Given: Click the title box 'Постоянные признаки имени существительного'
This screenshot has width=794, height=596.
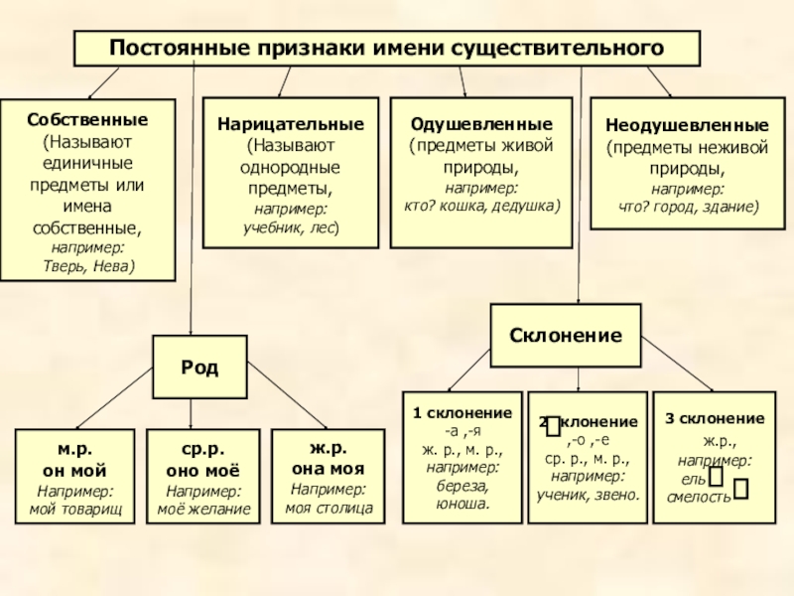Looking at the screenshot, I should pos(387,48).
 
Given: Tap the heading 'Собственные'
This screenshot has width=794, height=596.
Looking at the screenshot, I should pos(87,119).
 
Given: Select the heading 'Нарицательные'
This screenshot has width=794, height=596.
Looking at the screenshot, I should pos(291,126).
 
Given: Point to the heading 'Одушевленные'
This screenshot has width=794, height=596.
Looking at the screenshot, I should pos(481,126).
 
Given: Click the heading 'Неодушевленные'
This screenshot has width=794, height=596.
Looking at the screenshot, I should pos(687,128).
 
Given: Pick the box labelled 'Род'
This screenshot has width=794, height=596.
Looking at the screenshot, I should pos(199,367).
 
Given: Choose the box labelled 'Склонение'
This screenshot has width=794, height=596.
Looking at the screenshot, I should pos(566,335).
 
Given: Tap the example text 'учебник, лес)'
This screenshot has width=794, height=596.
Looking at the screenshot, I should pos(291,227).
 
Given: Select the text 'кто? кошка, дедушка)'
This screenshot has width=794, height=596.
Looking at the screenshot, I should pos(481,205).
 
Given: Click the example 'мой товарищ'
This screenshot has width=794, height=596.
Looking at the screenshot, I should pos(75,509).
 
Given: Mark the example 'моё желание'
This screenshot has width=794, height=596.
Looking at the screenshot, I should pos(203,509).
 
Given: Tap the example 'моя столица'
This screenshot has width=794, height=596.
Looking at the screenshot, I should pos(329,509).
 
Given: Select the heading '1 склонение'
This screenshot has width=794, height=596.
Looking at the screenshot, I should pos(463,413).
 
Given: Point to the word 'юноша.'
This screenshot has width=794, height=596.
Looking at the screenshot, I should pos(462,504).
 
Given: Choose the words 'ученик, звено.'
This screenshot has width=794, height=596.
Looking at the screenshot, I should pos(589,494).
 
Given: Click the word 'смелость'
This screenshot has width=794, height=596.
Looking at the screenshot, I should pos(700,497).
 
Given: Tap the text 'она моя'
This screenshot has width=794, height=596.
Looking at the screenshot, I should pos(329,469).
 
